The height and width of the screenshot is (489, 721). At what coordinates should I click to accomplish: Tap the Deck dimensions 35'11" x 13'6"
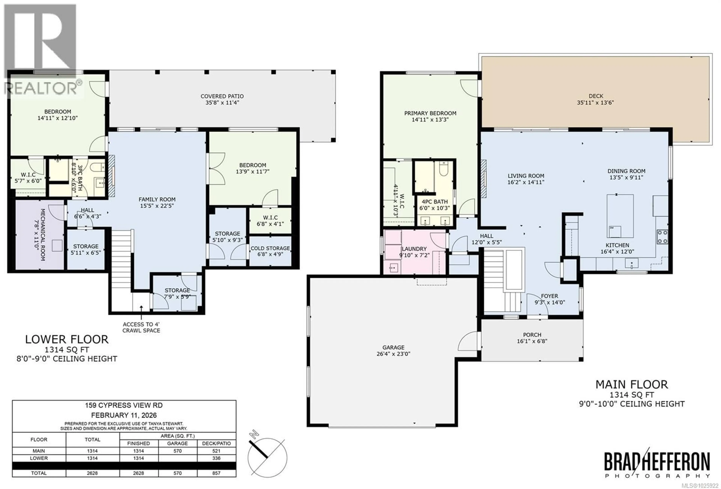coord(595,102)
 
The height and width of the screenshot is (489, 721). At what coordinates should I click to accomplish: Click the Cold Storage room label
coord(270,248)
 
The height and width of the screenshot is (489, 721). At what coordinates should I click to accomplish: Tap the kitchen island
coord(620,216)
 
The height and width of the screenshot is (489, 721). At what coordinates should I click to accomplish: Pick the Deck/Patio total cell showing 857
coord(216,473)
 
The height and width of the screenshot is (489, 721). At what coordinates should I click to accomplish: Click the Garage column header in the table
coord(177,443)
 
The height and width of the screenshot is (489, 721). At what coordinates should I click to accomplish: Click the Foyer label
coord(549,296)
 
